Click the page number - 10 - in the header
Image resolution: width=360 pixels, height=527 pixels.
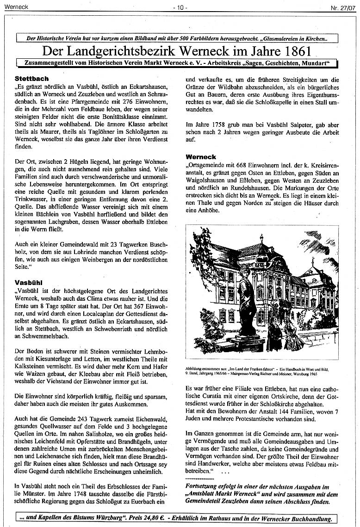(x=180, y=8)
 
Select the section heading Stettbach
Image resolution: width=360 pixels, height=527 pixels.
(x=31, y=79)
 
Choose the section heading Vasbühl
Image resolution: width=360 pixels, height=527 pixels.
(x=29, y=282)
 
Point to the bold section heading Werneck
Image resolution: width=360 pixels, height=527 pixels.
(x=201, y=157)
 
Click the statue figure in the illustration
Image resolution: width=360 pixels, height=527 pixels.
(x=247, y=301)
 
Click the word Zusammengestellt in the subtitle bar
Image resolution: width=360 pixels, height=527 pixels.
(x=46, y=62)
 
